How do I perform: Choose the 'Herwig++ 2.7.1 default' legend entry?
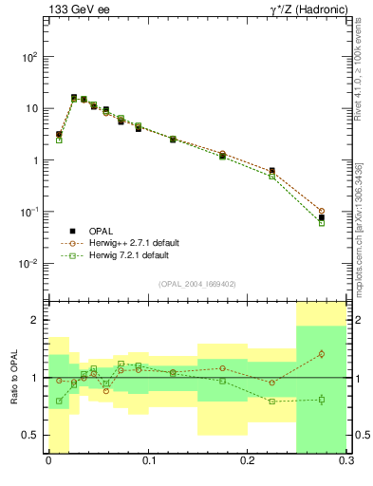pos(129,243)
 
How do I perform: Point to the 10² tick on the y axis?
pos(29,57)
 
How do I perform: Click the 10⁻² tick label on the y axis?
pos(28,263)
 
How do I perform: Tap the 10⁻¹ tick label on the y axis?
pos(28,212)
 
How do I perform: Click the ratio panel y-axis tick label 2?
pos(34,321)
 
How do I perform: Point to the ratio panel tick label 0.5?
pos(30,435)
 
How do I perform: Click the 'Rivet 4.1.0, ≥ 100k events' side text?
pos(357,81)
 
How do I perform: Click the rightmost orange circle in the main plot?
pos(322,211)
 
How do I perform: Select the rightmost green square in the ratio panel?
pos(322,400)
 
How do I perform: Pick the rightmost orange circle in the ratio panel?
pos(322,354)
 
